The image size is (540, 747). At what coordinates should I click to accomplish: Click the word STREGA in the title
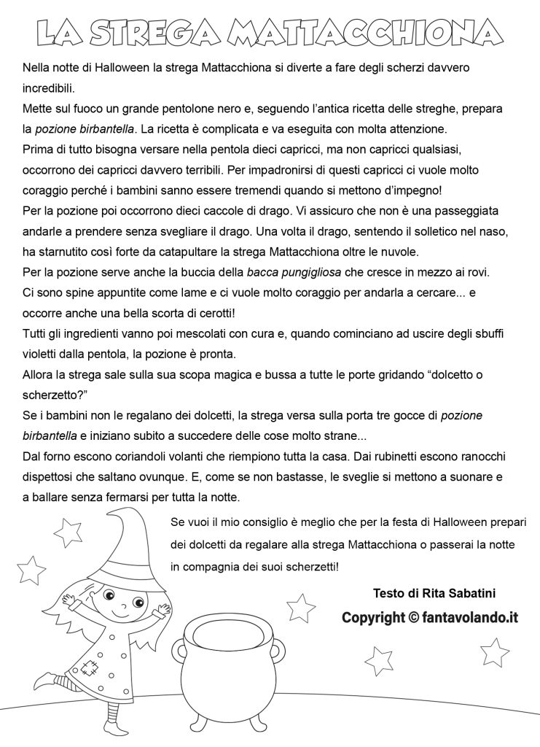tap(152, 31)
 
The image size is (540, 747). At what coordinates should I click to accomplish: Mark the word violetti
tap(42, 355)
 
